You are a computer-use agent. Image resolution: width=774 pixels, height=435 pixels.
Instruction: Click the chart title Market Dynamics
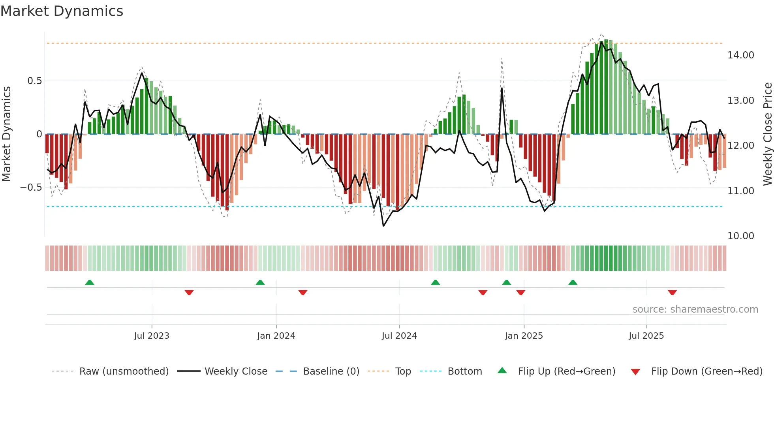(x=62, y=11)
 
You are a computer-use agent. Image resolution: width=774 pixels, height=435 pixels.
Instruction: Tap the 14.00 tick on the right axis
(x=740, y=55)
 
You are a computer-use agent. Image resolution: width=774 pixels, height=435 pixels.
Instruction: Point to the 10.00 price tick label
(x=740, y=236)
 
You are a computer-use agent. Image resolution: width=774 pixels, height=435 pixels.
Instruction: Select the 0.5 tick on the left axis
(x=34, y=81)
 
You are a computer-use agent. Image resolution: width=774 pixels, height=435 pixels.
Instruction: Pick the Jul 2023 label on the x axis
(x=152, y=336)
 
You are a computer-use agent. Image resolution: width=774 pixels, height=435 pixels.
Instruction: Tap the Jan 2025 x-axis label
(x=524, y=336)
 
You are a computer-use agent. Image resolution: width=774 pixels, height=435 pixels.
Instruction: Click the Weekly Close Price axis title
(x=767, y=134)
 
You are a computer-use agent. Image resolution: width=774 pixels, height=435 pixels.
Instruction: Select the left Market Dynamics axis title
(x=6, y=134)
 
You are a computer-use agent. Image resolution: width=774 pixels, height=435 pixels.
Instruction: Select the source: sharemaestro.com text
(x=695, y=309)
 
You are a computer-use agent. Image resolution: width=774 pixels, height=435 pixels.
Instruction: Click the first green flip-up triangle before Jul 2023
(x=90, y=282)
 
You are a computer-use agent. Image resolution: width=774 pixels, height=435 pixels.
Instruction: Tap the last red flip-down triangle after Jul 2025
(x=673, y=292)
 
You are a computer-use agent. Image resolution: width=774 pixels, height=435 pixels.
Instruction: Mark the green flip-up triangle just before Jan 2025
(x=507, y=282)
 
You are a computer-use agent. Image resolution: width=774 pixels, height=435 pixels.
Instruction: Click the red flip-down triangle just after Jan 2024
(x=303, y=292)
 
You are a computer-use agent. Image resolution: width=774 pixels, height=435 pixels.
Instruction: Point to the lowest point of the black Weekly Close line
(x=383, y=226)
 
